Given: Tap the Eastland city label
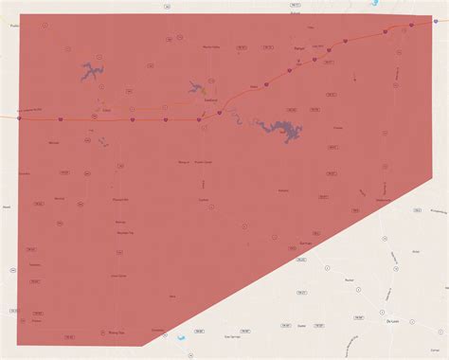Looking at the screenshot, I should (210, 101).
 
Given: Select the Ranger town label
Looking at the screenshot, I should (298, 46).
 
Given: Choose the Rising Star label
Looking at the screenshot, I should (116, 333).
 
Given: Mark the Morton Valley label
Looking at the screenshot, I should (211, 46).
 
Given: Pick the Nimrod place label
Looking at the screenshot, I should (53, 141).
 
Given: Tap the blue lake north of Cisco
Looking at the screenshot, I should (91, 69).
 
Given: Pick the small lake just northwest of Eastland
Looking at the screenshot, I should (197, 86).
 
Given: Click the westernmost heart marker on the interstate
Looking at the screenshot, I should (20, 118).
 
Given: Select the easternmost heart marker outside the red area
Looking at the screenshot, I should (411, 26).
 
